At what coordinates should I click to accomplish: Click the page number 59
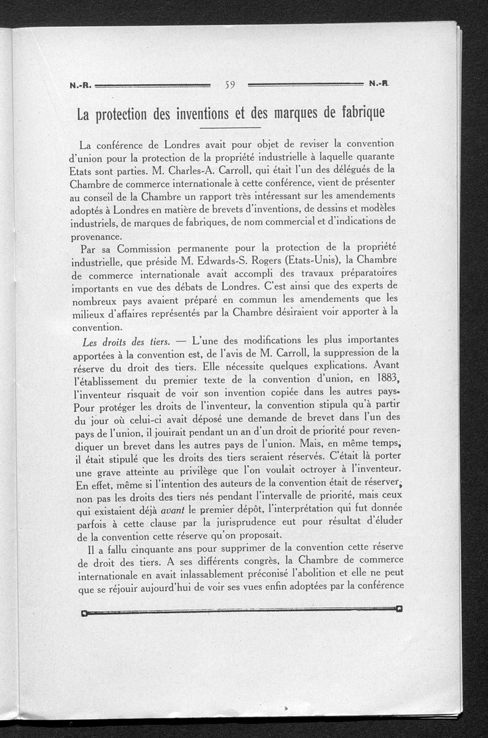pos(230,85)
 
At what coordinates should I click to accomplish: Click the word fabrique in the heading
pos(354,113)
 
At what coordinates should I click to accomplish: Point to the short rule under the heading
pos(230,129)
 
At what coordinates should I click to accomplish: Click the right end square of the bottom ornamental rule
pos(398,608)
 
